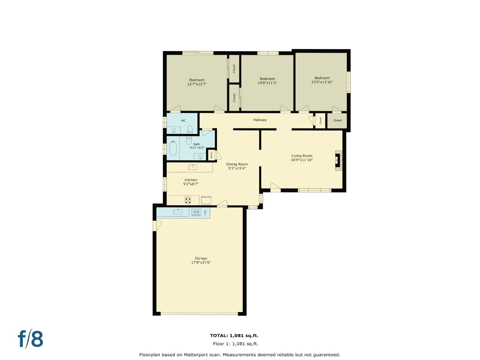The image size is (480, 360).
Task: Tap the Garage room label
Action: click(x=201, y=258)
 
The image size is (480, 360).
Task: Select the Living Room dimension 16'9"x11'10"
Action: click(x=302, y=160)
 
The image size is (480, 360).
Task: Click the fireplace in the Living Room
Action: click(x=338, y=161)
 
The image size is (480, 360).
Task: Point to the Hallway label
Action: click(x=260, y=120)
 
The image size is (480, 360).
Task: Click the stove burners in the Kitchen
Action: click(x=188, y=200)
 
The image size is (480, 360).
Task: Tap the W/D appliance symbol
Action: click(x=196, y=212)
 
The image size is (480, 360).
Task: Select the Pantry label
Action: click(x=211, y=155)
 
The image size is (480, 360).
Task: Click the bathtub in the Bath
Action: click(x=173, y=148)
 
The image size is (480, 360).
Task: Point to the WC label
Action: click(x=183, y=121)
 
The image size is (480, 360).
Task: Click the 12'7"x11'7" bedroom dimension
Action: click(x=197, y=84)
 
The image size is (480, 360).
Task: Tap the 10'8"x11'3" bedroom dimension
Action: click(x=267, y=83)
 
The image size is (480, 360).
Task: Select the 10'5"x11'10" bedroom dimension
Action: click(x=322, y=82)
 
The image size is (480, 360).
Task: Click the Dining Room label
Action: click(x=237, y=164)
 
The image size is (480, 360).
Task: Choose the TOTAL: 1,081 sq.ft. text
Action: click(x=234, y=336)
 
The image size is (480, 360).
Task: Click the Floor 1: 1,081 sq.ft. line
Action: click(x=235, y=344)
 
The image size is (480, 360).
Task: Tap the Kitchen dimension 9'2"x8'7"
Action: click(x=191, y=184)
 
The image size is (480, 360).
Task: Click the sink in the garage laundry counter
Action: click(x=178, y=212)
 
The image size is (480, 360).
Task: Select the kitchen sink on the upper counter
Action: click(x=193, y=167)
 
